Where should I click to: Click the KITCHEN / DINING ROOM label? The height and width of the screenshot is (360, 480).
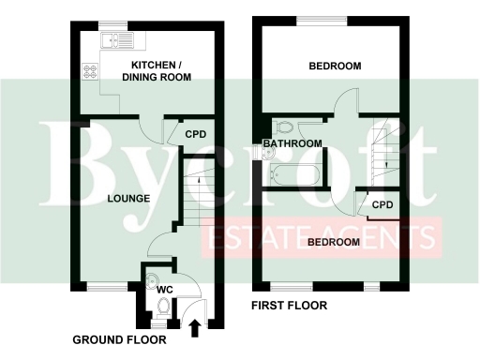[x=160, y=70]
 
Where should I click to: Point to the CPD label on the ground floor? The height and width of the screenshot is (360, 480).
[x=194, y=134]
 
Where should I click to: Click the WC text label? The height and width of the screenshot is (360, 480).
[x=164, y=290]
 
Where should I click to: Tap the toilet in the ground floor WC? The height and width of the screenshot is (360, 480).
[x=165, y=307]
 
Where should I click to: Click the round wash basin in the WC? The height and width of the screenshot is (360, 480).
[x=153, y=278]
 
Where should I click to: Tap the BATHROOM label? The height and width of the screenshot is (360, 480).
[x=292, y=143]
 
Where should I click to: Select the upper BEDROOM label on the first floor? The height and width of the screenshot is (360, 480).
[x=335, y=66]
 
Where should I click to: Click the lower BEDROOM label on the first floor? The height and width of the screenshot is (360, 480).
[x=332, y=242]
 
